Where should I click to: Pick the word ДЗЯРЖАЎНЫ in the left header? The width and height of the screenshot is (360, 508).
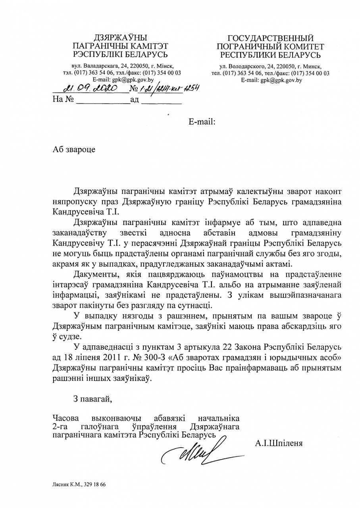(x=119, y=38)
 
